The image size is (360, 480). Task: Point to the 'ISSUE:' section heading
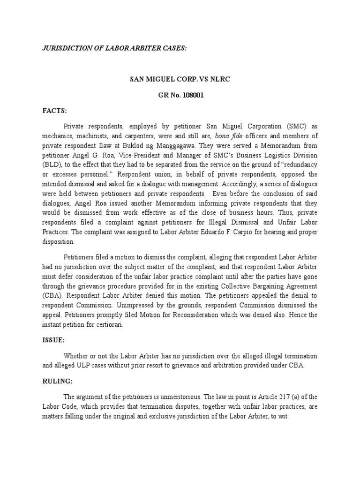click(52, 342)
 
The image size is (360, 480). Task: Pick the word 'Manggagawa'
click(180, 145)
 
